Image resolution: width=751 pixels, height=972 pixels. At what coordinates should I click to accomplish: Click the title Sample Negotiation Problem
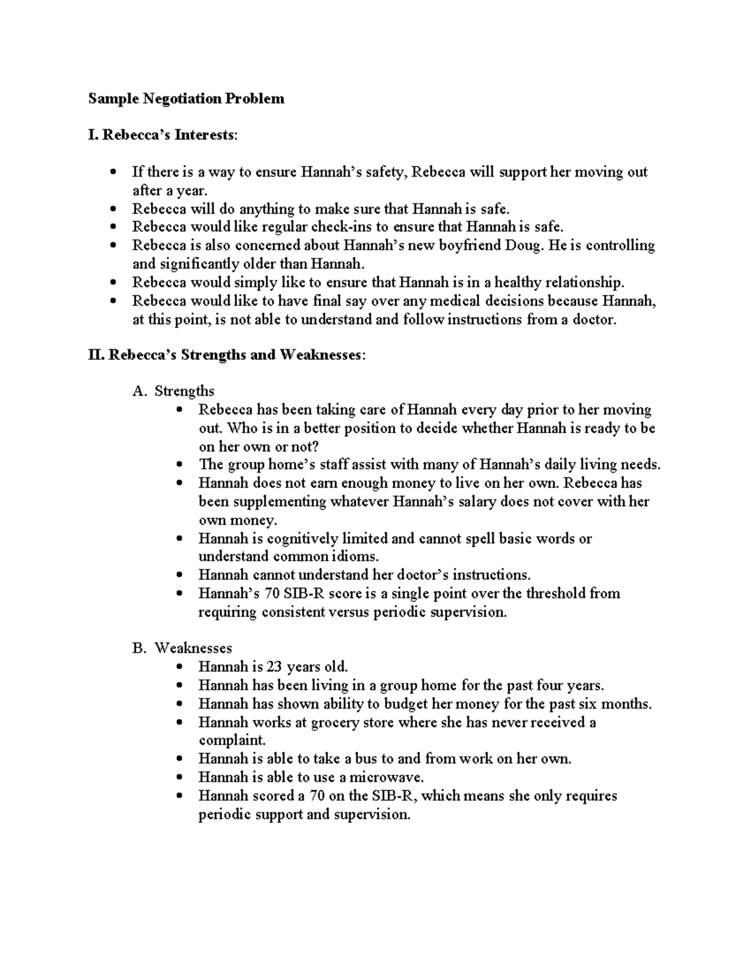point(186,98)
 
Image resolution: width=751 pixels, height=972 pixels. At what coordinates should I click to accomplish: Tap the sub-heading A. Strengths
point(173,391)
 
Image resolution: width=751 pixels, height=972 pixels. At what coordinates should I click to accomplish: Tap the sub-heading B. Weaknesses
point(182,648)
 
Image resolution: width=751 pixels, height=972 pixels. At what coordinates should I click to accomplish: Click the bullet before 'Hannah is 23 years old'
point(180,667)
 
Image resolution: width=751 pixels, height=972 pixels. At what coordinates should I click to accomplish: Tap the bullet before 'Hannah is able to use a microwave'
point(180,778)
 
